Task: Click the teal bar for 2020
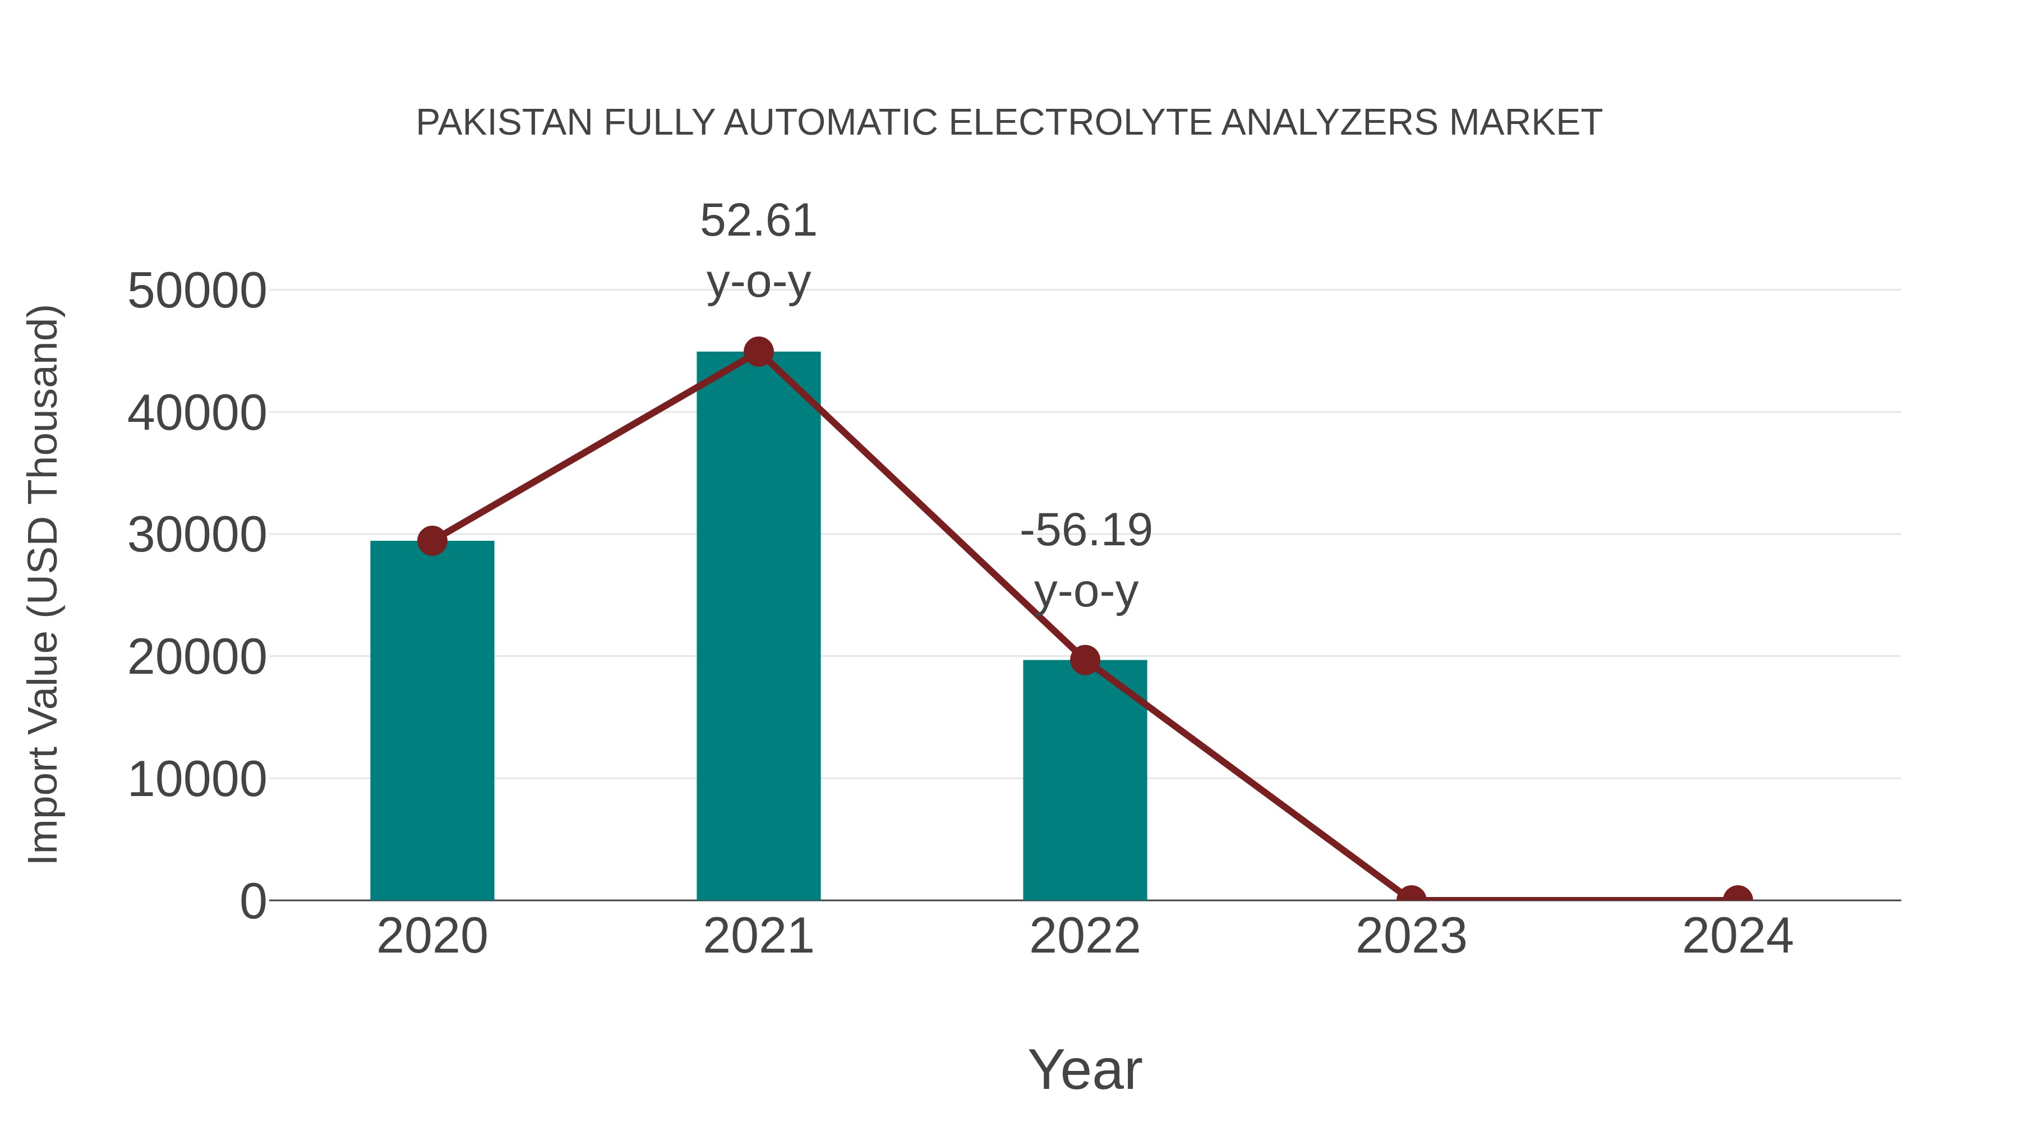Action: (x=432, y=721)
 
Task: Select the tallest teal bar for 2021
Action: (x=758, y=627)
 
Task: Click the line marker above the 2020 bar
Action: (x=432, y=540)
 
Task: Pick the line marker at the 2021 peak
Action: (x=758, y=352)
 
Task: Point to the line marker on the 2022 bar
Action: (x=1085, y=660)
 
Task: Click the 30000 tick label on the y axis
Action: (x=197, y=536)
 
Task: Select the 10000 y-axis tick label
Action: (x=197, y=780)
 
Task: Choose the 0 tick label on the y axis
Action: (x=253, y=902)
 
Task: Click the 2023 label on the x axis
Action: (x=1411, y=936)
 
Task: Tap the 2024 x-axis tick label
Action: (x=1737, y=936)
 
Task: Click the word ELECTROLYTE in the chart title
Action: (x=1079, y=123)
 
